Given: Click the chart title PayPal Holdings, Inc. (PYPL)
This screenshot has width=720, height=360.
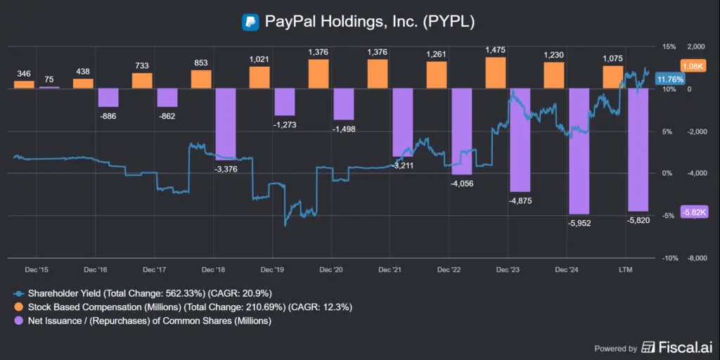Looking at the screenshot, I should (x=370, y=21).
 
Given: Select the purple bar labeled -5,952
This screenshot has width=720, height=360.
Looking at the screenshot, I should (x=579, y=151).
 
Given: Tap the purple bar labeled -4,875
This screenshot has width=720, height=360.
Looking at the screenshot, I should (x=520, y=141).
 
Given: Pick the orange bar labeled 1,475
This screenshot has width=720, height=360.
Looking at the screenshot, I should (x=496, y=73).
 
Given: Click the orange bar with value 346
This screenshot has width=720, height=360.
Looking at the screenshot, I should (x=24, y=84).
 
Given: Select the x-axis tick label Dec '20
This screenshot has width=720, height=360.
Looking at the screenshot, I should (x=330, y=269).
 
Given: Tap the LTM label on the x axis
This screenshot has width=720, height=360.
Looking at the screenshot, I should (x=626, y=269).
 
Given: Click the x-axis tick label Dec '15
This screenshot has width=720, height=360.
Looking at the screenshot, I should (x=36, y=269).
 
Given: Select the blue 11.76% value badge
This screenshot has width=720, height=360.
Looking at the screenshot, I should (x=667, y=79).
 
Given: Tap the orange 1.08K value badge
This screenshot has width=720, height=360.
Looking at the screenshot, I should (x=693, y=65).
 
